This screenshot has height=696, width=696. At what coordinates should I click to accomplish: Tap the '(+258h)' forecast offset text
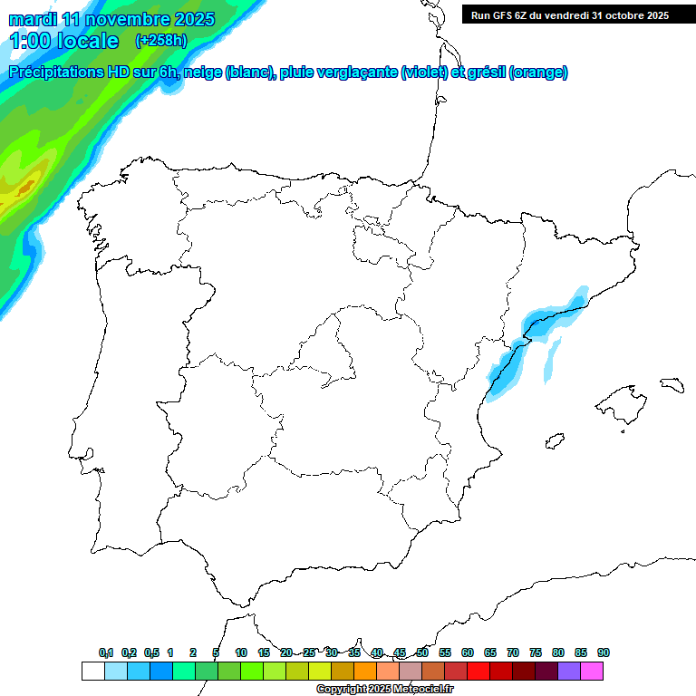click(160, 40)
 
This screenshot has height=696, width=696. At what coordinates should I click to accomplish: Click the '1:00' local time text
click(29, 41)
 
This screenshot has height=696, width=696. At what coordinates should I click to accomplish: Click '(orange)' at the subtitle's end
click(538, 72)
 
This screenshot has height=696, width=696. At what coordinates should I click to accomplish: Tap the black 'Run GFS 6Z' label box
click(570, 15)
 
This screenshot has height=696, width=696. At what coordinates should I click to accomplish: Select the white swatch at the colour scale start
click(92, 672)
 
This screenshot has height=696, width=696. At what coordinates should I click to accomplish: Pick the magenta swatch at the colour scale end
click(592, 672)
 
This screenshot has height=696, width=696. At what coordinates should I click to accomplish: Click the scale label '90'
click(604, 652)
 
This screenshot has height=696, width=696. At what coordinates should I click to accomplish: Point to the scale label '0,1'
click(106, 652)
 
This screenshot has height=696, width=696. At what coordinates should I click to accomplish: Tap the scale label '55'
click(445, 652)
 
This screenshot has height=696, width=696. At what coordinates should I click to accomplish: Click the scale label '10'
click(241, 652)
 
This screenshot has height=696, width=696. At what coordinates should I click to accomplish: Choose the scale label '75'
click(536, 652)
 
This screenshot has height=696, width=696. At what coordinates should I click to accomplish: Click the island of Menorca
click(671, 384)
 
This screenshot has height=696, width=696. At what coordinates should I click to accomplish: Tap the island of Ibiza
click(552, 442)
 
